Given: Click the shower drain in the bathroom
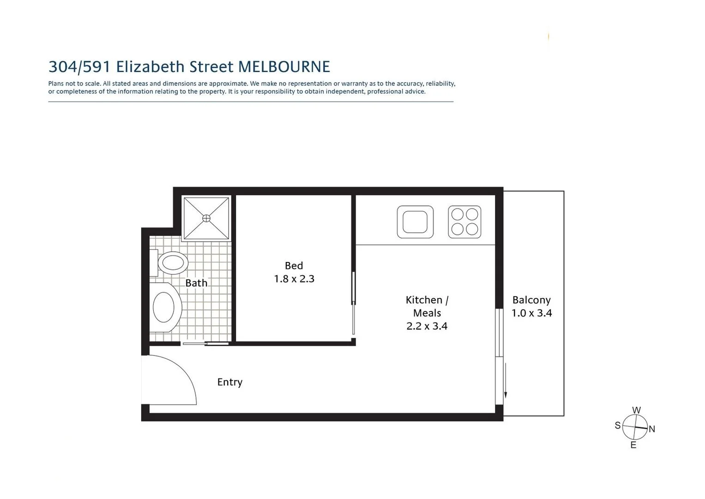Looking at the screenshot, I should (x=206, y=218).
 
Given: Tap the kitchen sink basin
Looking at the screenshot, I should (x=415, y=222).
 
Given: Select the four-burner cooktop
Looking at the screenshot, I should (x=464, y=222).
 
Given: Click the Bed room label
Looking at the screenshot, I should (x=294, y=266).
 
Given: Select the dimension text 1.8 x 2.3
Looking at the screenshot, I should (x=294, y=279).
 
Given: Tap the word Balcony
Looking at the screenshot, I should (x=531, y=300).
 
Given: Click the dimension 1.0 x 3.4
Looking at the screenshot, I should (x=531, y=313).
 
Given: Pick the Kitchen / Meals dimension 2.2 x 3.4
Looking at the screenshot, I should (x=427, y=326).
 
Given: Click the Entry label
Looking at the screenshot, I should (x=229, y=382).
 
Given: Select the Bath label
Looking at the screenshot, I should (x=196, y=283).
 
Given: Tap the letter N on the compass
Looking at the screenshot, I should (x=652, y=429).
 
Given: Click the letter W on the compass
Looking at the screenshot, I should (x=636, y=410).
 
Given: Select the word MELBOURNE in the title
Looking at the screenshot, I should (x=284, y=67).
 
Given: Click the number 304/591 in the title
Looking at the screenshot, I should (x=79, y=67).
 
